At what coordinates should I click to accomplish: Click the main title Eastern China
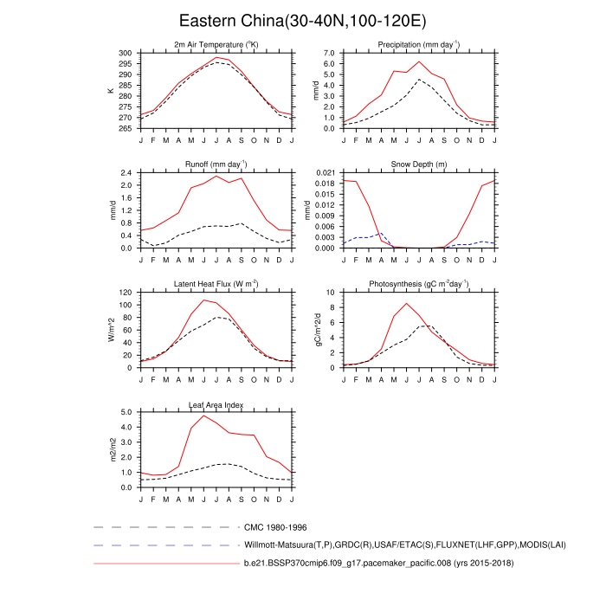[x=302, y=20]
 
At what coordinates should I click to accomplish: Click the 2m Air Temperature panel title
[x=216, y=44]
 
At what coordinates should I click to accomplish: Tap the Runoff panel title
[x=216, y=164]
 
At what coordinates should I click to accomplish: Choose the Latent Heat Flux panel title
[x=216, y=284]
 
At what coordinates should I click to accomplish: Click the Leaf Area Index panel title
[x=216, y=404]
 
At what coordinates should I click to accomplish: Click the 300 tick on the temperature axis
[x=127, y=53]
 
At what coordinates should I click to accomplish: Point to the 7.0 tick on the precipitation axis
[x=329, y=53]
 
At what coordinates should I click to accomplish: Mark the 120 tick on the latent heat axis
[x=127, y=293]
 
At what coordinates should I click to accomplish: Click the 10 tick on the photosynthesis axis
[x=332, y=293]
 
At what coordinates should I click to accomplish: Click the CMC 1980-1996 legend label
[x=275, y=526]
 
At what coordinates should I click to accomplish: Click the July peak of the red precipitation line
[x=420, y=61]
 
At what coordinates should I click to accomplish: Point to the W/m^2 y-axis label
[x=111, y=330]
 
